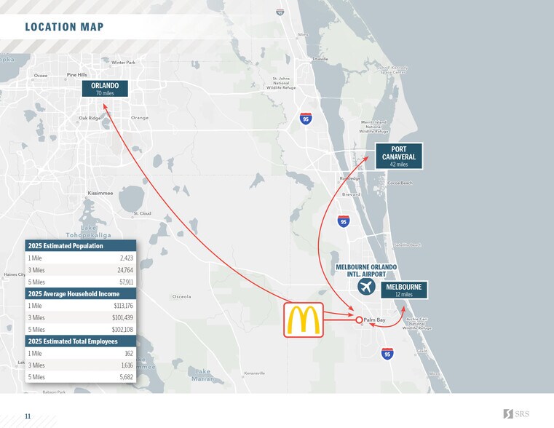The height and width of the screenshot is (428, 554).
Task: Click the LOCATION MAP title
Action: click(64, 28)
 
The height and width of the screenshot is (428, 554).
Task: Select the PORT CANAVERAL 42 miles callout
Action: click(398, 156)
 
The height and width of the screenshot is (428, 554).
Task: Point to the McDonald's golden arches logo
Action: click(304, 320)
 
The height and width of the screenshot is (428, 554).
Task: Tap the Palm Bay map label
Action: click(376, 320)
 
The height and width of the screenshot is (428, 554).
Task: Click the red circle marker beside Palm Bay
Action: click(359, 320)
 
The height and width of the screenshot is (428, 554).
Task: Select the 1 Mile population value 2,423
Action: click(126, 258)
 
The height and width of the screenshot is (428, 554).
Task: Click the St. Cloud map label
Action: click(142, 213)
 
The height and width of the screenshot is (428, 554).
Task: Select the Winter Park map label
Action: click(123, 63)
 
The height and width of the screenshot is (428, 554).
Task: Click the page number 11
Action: click(28, 416)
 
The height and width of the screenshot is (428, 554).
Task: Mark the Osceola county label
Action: click(181, 296)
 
